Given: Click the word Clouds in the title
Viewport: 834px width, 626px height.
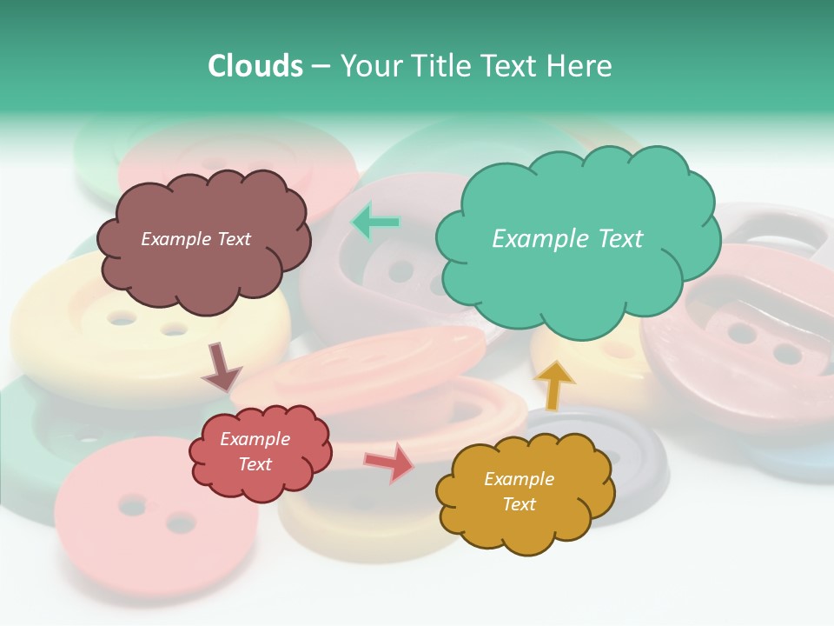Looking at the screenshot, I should pos(255,66).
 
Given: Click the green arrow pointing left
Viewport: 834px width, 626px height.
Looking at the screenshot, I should pos(374,223).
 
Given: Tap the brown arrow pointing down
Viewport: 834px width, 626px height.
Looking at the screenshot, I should pos(221,367).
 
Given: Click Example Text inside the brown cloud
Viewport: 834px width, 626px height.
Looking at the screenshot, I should pos(195,239).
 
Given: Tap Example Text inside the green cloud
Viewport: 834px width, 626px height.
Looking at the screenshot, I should pos(567,239).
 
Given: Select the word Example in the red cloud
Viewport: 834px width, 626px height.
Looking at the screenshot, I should pos(255,439).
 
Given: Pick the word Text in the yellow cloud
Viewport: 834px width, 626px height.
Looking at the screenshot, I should pos(519,504).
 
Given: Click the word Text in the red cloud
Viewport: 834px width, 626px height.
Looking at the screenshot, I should pos(255,464).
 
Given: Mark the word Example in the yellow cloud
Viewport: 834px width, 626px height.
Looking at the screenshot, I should pos(519,479).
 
